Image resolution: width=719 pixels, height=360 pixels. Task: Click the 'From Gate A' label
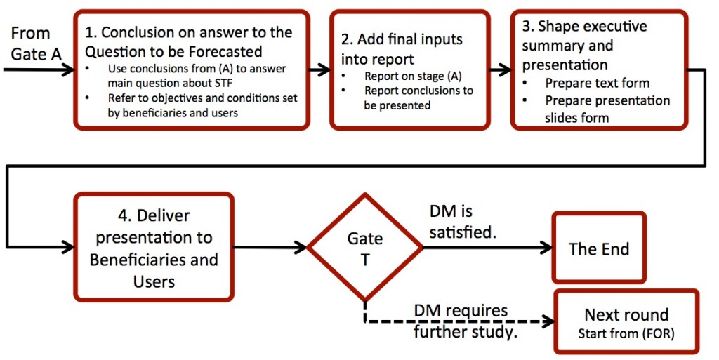coord(37,44)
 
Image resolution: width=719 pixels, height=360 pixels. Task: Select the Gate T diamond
coord(364,247)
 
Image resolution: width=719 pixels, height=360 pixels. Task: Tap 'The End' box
coord(599,247)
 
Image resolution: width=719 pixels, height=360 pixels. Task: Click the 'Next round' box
coord(626,321)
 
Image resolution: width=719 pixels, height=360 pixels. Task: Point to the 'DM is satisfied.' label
coord(463,222)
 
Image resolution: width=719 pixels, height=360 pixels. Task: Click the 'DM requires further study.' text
coord(466,321)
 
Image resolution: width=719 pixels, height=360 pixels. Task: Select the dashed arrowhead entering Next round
coord(548,321)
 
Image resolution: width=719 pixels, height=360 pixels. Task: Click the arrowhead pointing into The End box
coord(546,247)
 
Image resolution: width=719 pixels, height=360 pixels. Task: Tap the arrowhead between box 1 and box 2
coord(324,69)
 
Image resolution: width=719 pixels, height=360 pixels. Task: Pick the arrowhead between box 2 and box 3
coord(504,69)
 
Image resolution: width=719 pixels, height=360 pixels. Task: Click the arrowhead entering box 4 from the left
coord(67,247)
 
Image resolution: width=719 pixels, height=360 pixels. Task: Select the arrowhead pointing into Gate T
coord(301,247)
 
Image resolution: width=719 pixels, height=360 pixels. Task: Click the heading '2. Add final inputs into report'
coord(402,49)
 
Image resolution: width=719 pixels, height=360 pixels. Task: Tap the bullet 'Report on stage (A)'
coord(413,76)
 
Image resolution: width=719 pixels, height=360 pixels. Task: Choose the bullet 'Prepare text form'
coord(597,83)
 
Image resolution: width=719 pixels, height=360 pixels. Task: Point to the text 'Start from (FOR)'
coord(626,333)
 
